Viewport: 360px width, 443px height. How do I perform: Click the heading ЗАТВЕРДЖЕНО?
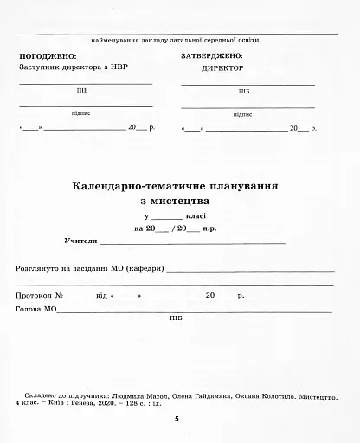[x=211, y=55]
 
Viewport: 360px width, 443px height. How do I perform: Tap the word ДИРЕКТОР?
[x=222, y=67]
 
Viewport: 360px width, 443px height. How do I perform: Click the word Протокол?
[x=34, y=296]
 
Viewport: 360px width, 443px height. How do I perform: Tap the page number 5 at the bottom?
[x=177, y=419]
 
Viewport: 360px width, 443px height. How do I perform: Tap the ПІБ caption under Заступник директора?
[x=82, y=89]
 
